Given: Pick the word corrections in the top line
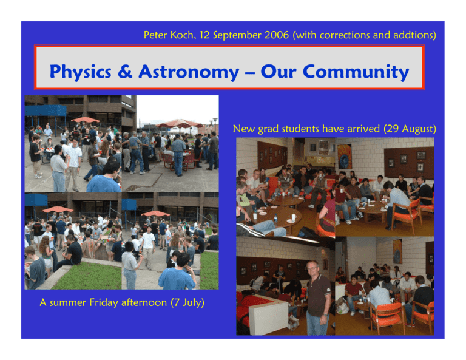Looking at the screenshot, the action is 345,35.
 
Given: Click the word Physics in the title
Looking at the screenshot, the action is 81,72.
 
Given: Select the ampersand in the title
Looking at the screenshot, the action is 125,72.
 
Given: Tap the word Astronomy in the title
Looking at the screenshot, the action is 189,72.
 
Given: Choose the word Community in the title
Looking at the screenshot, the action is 356,72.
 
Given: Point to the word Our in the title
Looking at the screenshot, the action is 279,72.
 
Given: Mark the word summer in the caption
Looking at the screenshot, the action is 68,303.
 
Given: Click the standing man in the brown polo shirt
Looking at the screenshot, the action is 318,298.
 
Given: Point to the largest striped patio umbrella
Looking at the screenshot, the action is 179,123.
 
